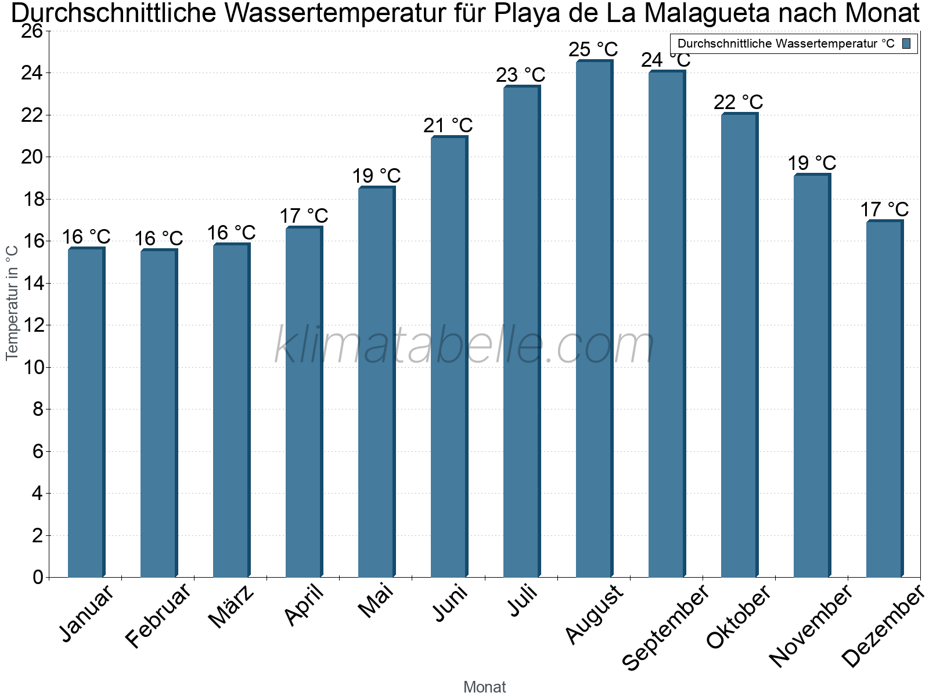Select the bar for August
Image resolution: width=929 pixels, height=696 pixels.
[x=594, y=319]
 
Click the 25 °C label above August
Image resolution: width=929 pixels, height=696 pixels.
[x=593, y=49]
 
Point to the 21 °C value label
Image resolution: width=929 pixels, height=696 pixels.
[x=448, y=125]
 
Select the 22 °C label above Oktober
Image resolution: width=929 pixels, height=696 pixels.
[x=738, y=102]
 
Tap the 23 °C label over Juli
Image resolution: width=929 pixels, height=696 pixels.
[x=520, y=75]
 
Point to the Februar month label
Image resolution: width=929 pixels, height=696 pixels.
[x=158, y=616]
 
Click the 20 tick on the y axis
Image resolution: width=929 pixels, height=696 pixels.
[x=33, y=157]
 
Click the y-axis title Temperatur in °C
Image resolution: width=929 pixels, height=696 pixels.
[x=12, y=303]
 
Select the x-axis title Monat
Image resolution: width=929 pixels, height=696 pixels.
[x=485, y=687]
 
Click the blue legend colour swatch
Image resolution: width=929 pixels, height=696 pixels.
[x=906, y=43]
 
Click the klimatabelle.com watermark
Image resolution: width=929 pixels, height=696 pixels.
[x=464, y=346]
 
